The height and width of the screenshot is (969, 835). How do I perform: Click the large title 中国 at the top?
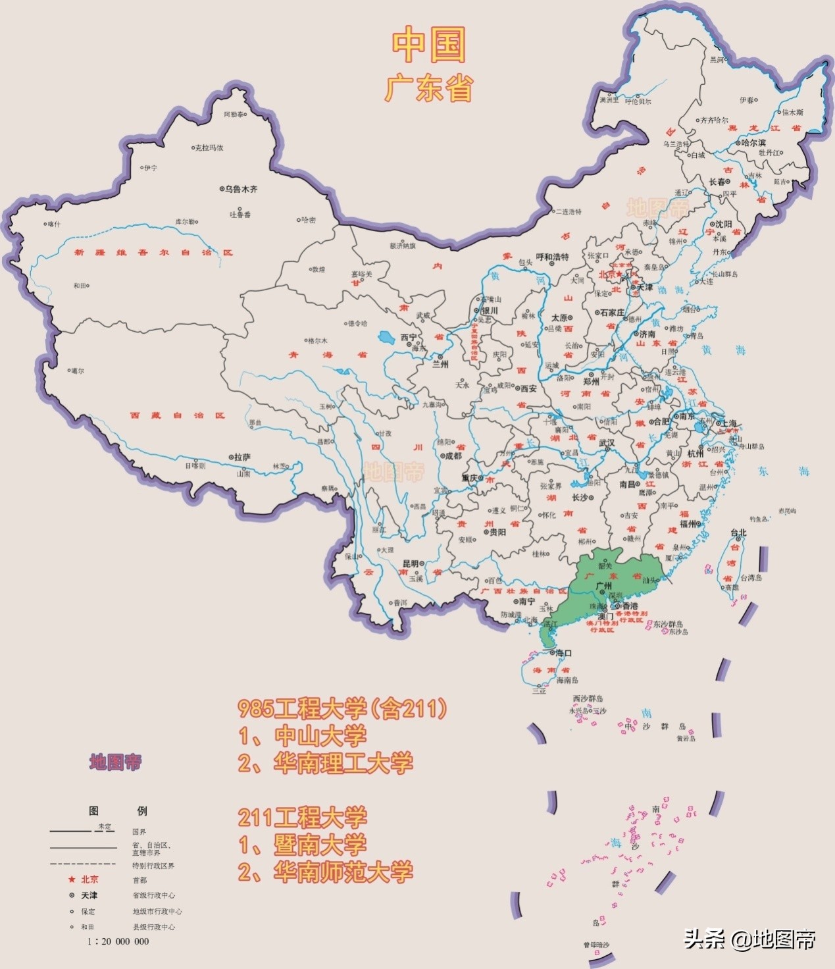tap(428, 45)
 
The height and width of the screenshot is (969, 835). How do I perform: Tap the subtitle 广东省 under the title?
tap(428, 88)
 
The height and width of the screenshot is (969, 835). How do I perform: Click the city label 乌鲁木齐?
tap(241, 189)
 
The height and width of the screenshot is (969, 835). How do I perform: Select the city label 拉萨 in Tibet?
tap(242, 457)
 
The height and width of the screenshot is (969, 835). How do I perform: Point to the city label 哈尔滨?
tap(753, 142)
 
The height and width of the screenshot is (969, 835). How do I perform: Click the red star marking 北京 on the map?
tap(619, 275)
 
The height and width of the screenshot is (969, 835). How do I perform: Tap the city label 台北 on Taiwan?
tap(738, 533)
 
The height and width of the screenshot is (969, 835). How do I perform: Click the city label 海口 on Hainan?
tap(563, 653)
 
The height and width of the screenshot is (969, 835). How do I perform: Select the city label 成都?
tap(453, 456)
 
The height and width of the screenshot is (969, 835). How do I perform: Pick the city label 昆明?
tap(411, 564)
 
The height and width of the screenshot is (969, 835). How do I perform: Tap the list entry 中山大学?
tap(320, 735)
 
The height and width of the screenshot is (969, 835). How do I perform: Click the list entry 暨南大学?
tap(320, 845)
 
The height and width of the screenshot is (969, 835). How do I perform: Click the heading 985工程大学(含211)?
tap(342, 708)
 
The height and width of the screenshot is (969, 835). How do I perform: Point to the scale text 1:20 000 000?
tap(118, 941)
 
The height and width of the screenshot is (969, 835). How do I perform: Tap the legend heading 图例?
tap(118, 811)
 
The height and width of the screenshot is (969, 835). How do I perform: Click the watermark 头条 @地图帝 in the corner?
tap(749, 938)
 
